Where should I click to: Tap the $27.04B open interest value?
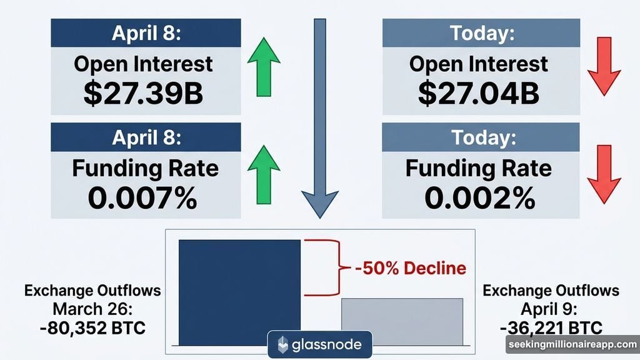pyautogui.click(x=479, y=92)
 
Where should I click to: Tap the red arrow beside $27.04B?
pyautogui.click(x=603, y=65)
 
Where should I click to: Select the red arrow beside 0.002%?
pyautogui.click(x=603, y=174)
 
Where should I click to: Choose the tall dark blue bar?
pyautogui.click(x=239, y=291)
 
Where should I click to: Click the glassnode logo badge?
pyautogui.click(x=319, y=344)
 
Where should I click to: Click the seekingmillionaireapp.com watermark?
pyautogui.click(x=572, y=344)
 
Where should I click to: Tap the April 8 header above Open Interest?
pyautogui.click(x=145, y=33)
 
